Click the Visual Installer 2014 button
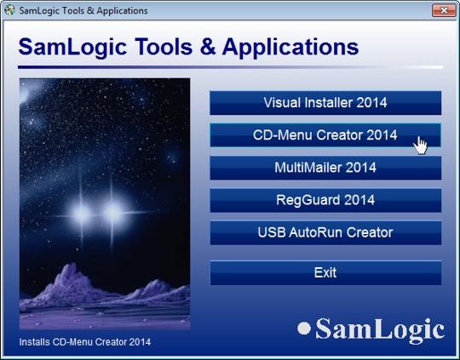pos(325,103)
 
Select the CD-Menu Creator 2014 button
pos(325,135)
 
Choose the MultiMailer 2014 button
pos(325,168)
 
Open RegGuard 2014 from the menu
pos(325,200)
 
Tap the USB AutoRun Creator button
pos(325,233)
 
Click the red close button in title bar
pos(444,10)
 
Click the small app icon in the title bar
pos(9,10)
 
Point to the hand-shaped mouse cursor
pos(421,145)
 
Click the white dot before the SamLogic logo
pos(304,328)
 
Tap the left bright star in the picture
pos(81,214)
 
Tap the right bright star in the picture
pos(112,213)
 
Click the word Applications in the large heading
pos(290,47)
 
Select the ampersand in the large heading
pos(208,47)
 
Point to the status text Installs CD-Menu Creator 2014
pos(85,342)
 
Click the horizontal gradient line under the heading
pos(230,67)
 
